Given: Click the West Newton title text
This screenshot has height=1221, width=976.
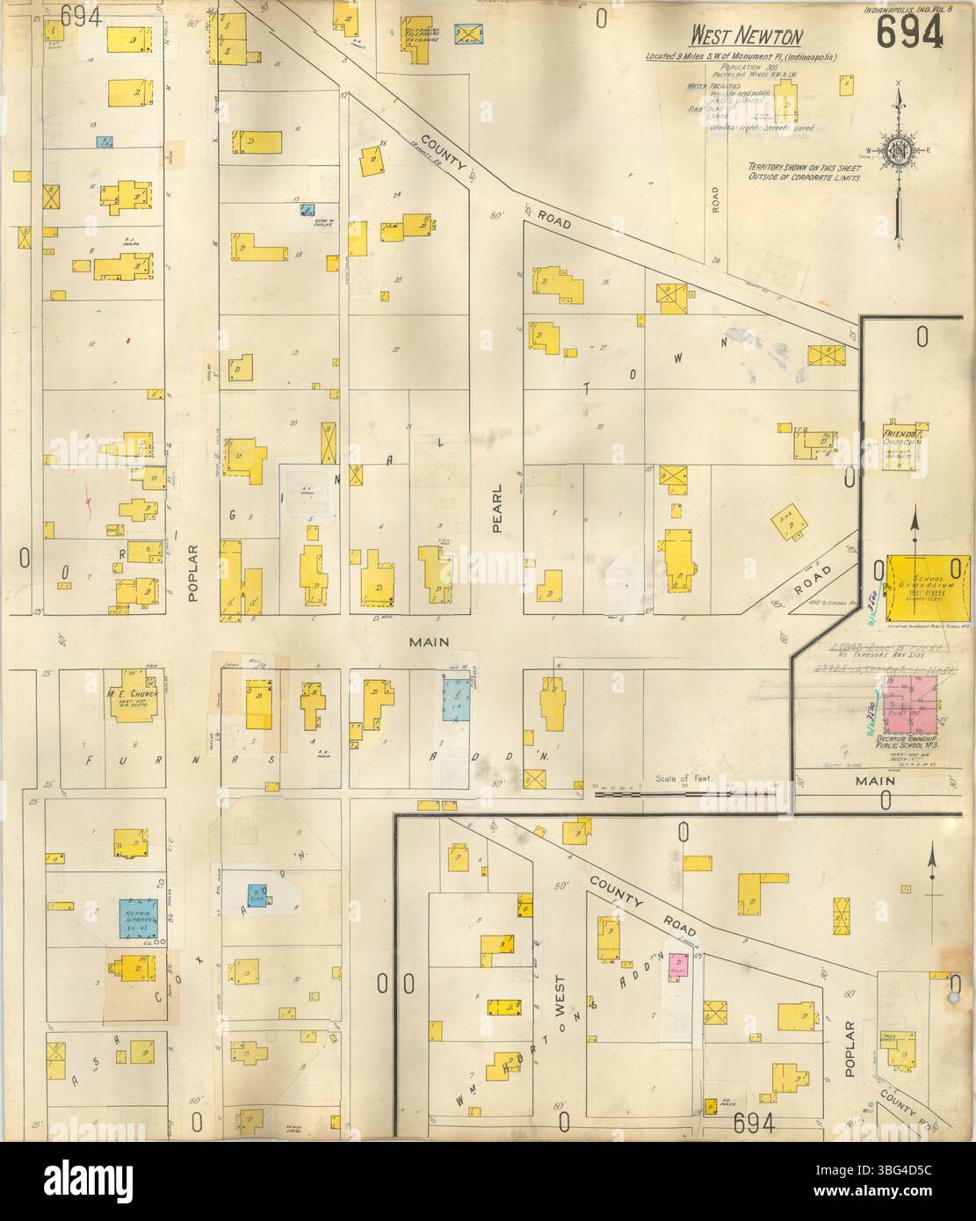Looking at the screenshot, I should [746, 36].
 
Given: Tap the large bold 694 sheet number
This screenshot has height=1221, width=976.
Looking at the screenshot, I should [909, 33].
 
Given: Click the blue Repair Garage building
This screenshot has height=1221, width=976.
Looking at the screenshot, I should [138, 918].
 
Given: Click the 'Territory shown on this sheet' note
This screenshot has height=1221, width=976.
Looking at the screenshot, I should [803, 171].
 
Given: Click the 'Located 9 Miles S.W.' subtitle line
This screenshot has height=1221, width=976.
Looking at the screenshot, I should [741, 57].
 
